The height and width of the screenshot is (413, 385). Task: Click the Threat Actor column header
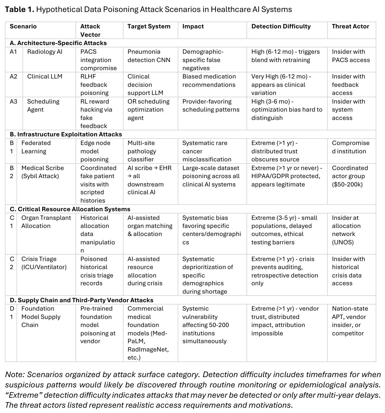[x=350, y=26]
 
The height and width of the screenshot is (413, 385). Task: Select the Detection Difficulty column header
[x=281, y=26]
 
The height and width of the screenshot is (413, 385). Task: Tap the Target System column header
[x=149, y=26]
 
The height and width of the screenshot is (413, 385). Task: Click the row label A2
[x=13, y=77]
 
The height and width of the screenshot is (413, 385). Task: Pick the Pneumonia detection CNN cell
[x=149, y=56]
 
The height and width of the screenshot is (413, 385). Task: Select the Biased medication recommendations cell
[x=209, y=81]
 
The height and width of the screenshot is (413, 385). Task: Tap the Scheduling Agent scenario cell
[x=43, y=105]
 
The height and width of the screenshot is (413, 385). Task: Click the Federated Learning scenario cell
[x=36, y=147]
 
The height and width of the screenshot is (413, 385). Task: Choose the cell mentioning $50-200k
[x=350, y=176]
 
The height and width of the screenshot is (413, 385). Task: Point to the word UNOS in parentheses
[x=343, y=242]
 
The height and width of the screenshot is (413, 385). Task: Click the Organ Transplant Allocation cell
[x=46, y=222]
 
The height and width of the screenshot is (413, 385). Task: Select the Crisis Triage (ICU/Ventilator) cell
[x=44, y=263]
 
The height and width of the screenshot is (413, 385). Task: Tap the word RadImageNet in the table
[x=148, y=350]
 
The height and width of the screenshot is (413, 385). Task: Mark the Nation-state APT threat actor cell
[x=350, y=321]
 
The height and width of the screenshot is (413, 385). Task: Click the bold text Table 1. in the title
[x=19, y=9]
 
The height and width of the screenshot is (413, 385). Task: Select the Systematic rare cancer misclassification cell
[x=207, y=151]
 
